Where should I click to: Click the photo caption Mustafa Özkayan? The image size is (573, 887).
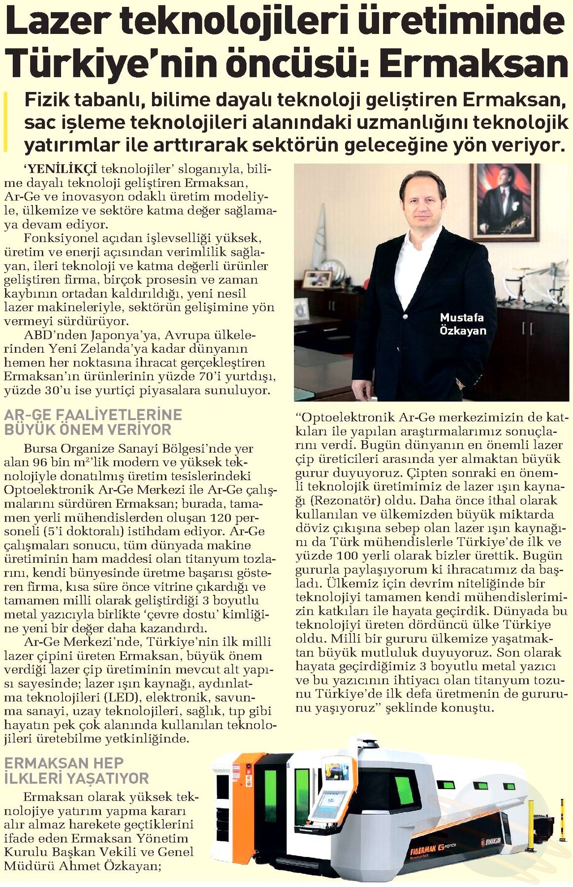point(462,324)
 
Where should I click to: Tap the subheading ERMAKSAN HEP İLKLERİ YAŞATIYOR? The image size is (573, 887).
point(76,770)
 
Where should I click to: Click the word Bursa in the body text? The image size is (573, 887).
point(40,448)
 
